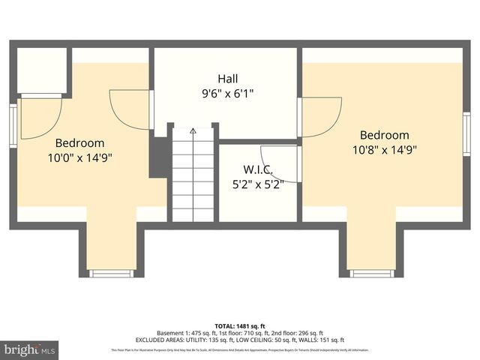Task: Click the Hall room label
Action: coord(228,79)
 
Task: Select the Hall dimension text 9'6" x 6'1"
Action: coord(228,94)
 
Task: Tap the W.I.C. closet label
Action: coord(257,169)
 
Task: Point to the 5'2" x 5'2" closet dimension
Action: coord(257,184)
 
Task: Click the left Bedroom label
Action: coord(79,142)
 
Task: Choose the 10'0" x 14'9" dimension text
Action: coord(79,157)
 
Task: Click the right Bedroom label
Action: coord(384,135)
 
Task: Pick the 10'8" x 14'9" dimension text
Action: coord(384,149)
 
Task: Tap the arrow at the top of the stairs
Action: coord(193,131)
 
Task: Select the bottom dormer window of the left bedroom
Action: coord(111,273)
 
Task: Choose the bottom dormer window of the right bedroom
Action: coord(372,273)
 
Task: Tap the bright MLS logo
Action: coord(28,349)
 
